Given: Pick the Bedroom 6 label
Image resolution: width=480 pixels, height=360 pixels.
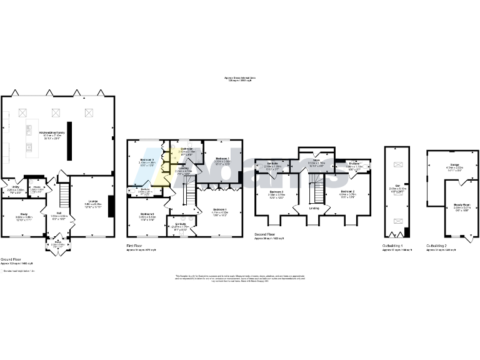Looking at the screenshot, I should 147,214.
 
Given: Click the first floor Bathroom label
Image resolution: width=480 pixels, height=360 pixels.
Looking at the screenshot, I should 187,149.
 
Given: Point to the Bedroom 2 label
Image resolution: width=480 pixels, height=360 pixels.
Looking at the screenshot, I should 349,191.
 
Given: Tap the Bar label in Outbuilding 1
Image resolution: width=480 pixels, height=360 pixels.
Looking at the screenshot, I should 399,186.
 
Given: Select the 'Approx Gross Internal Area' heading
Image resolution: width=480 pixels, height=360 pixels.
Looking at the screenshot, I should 239,77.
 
